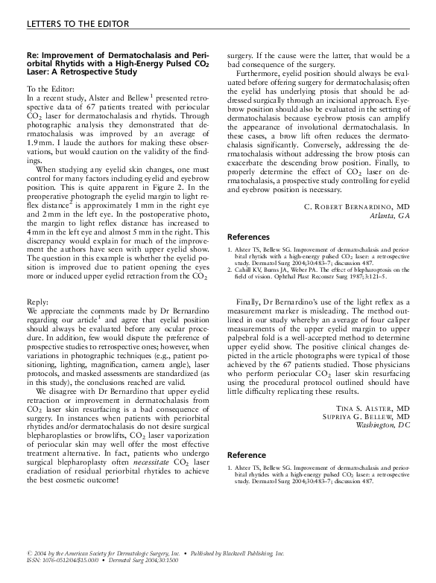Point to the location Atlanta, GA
pos(390,216)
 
